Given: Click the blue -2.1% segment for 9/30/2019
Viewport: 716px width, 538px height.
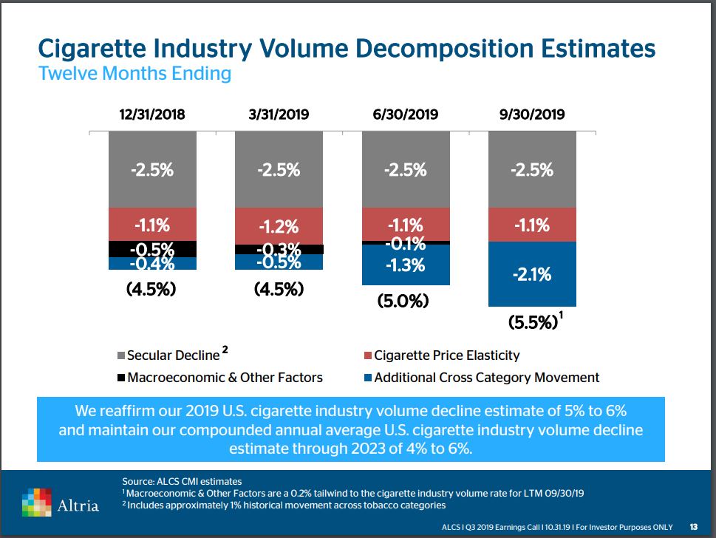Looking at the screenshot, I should tap(532, 274).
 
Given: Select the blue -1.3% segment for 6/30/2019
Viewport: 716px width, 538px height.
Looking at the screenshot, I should tap(406, 265).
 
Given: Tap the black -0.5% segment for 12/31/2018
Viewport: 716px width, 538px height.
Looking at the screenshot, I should tap(152, 248).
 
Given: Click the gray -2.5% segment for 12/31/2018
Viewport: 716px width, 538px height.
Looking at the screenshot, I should tap(152, 169).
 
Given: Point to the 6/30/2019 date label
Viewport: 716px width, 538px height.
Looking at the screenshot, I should tap(406, 115).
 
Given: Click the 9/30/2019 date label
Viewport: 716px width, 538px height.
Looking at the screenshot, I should tap(532, 115).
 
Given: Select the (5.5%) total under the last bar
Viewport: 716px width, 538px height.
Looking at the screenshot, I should tap(532, 322).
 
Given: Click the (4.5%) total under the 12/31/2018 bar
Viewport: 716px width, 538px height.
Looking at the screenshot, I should tap(152, 288).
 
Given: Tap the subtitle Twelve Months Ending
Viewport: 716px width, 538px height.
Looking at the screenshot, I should tap(134, 74).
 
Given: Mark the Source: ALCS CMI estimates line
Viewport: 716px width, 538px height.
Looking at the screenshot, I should tap(182, 481).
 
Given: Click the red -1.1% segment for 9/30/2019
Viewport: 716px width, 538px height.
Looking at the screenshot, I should tap(532, 225).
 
